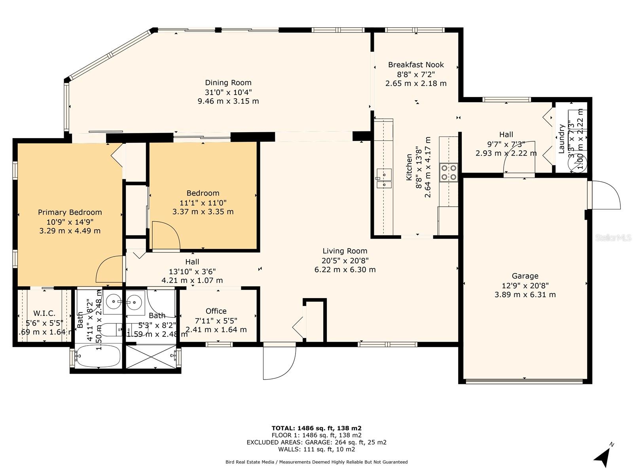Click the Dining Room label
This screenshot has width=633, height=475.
point(228,83)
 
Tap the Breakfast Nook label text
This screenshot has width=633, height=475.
point(416,65)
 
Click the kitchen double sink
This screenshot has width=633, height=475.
point(384,179)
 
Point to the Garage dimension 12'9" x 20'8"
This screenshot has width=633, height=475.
point(525,285)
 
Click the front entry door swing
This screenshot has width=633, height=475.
point(280,361)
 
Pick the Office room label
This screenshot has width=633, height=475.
point(216,311)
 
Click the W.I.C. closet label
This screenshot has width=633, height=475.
point(44,313)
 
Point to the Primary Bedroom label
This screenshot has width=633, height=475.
point(70,213)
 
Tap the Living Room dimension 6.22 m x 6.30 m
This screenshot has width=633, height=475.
point(345,270)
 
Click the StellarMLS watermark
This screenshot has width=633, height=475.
point(613,237)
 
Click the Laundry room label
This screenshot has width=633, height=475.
point(561,139)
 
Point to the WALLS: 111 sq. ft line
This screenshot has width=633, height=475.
point(316,449)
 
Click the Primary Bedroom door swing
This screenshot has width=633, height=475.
point(109,269)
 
